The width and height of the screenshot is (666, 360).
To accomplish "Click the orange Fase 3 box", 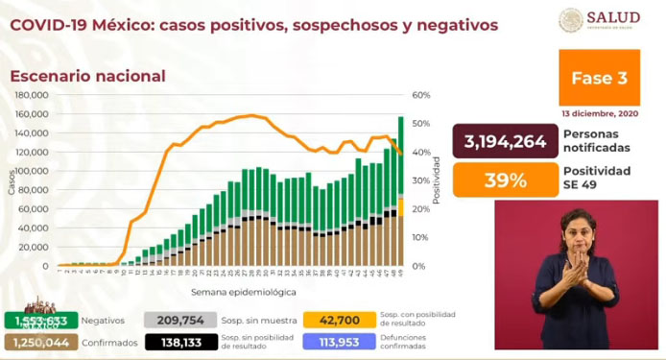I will [x=599, y=78].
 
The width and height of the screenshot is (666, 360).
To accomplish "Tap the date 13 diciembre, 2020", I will [x=600, y=113].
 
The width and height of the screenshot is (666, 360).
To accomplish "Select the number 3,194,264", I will [x=506, y=143].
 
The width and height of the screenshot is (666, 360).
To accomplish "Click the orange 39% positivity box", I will [x=506, y=180].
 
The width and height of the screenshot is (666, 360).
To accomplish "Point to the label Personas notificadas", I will [x=597, y=142].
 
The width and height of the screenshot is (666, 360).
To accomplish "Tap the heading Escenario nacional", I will [x=87, y=76].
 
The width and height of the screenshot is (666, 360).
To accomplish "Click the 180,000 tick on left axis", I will [x=33, y=95].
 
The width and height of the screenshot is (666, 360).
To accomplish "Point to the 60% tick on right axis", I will [x=420, y=95].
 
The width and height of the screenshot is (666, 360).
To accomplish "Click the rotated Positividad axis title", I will [x=435, y=182].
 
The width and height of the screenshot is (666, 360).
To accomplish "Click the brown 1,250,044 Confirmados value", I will [x=36, y=343].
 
